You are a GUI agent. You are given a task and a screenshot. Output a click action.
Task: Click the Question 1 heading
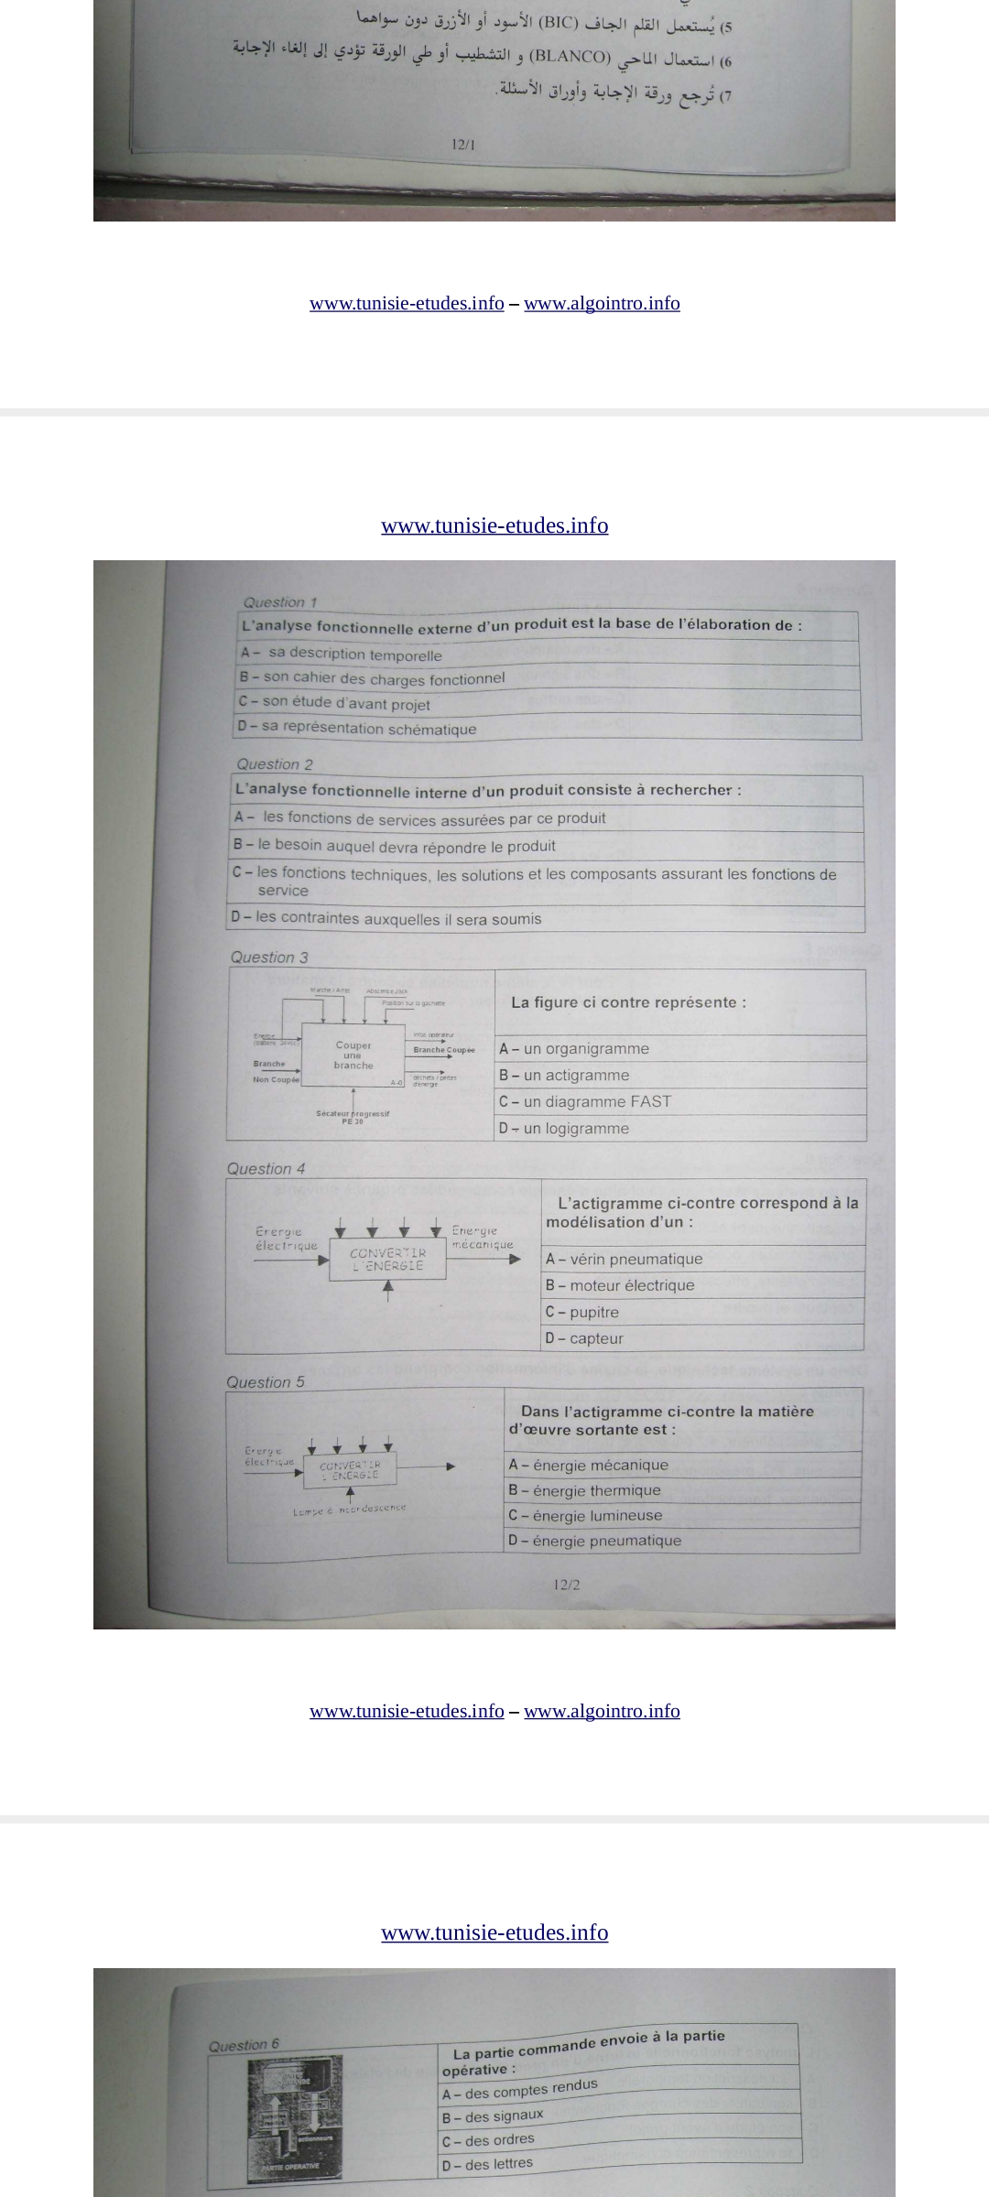click(279, 602)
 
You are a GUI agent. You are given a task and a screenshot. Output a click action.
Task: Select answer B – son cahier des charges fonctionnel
click(372, 678)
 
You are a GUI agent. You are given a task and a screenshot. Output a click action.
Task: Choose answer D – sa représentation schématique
click(357, 728)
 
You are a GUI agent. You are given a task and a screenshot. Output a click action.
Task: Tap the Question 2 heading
click(274, 764)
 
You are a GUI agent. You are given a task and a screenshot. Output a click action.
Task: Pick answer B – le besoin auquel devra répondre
click(395, 846)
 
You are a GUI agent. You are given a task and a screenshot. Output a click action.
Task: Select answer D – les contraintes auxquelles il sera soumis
click(386, 918)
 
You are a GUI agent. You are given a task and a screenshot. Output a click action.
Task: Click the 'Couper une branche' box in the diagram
click(353, 1055)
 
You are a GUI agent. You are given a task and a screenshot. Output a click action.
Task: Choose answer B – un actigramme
click(564, 1076)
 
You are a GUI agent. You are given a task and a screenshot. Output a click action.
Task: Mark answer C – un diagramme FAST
click(585, 1102)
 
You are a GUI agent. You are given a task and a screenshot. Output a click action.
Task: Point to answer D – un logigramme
click(564, 1129)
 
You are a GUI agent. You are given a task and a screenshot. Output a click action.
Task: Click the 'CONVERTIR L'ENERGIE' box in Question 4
click(387, 1260)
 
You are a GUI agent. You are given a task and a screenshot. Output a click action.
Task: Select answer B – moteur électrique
click(620, 1285)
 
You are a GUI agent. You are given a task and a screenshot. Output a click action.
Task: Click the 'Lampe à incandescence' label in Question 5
click(349, 1509)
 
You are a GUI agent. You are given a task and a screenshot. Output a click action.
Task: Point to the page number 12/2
click(567, 1585)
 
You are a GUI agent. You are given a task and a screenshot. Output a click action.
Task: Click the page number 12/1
click(464, 145)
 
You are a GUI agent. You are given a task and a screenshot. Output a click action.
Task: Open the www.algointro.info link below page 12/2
click(602, 1712)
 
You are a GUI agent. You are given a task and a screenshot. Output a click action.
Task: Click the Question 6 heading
click(244, 2046)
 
